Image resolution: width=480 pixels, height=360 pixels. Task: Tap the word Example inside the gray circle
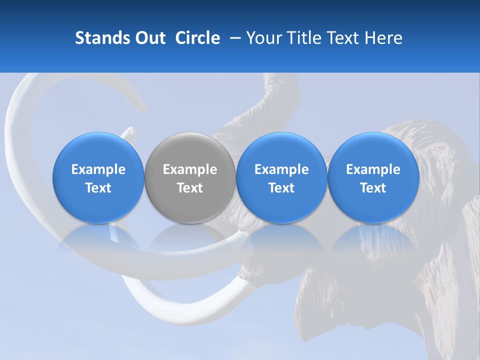[190, 169]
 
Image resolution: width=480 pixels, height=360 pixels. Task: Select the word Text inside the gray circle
[190, 188]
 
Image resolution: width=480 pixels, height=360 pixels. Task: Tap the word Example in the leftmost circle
[98, 169]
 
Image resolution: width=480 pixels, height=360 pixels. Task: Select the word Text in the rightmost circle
[373, 188]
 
